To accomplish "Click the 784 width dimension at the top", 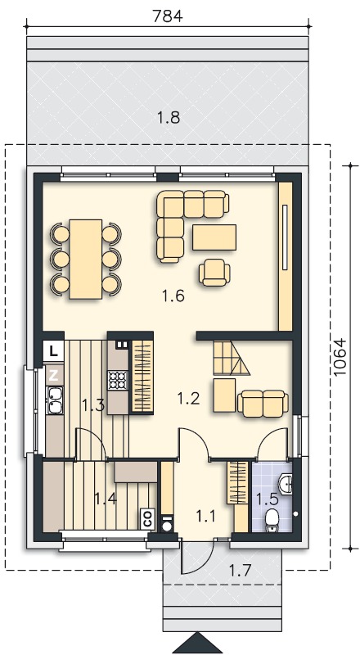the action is [168, 16].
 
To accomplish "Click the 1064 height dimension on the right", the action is [341, 356].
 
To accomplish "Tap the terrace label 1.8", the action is [169, 118].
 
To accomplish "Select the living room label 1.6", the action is [173, 296].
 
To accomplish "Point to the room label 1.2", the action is [188, 399].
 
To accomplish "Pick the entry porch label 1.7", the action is [240, 570].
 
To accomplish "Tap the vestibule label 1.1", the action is [205, 517].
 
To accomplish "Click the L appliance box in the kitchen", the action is [53, 351].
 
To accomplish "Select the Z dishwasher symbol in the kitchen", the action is [53, 375].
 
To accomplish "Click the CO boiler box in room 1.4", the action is [147, 519].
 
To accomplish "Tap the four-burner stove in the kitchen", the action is [117, 380].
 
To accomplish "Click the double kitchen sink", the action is [55, 400].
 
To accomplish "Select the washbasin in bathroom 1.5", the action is [286, 484].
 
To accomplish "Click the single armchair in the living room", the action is [214, 273].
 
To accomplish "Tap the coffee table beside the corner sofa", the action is [214, 237].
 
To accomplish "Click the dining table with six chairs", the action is [86, 259].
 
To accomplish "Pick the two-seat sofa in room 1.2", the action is [263, 404].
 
